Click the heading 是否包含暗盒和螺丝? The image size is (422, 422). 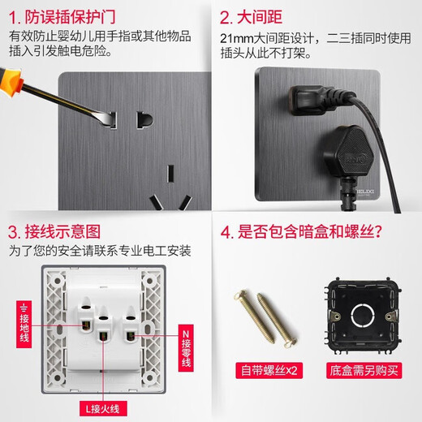(x=308, y=231)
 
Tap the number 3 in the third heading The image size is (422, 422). (x=14, y=231)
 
